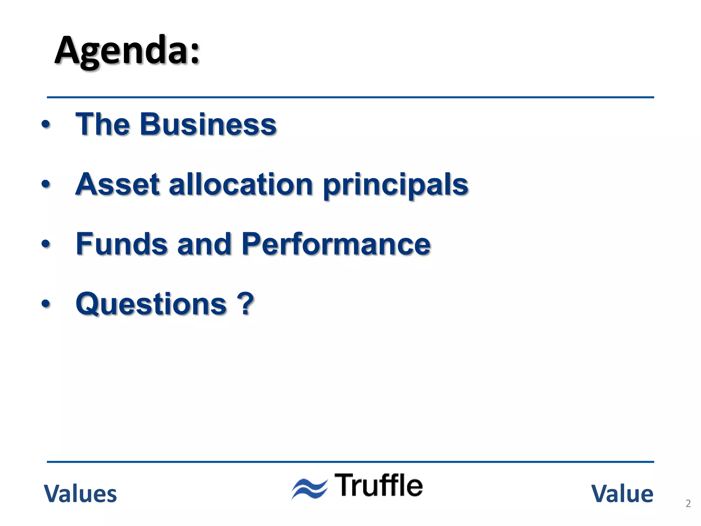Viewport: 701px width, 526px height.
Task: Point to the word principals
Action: [x=395, y=186]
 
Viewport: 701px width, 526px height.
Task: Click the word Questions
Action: [x=151, y=304]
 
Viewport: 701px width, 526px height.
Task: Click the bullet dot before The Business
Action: [x=46, y=125]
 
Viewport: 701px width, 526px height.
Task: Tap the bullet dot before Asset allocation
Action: [x=46, y=185]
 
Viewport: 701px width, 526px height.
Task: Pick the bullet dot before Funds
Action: [x=46, y=244]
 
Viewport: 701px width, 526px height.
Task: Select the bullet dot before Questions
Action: [x=46, y=304]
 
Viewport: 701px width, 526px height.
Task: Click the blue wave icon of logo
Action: [x=309, y=488]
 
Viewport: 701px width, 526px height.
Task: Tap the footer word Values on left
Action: [x=80, y=494]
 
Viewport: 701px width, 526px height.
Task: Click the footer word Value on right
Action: [x=622, y=494]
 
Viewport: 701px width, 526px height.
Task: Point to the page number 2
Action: [x=688, y=503]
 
